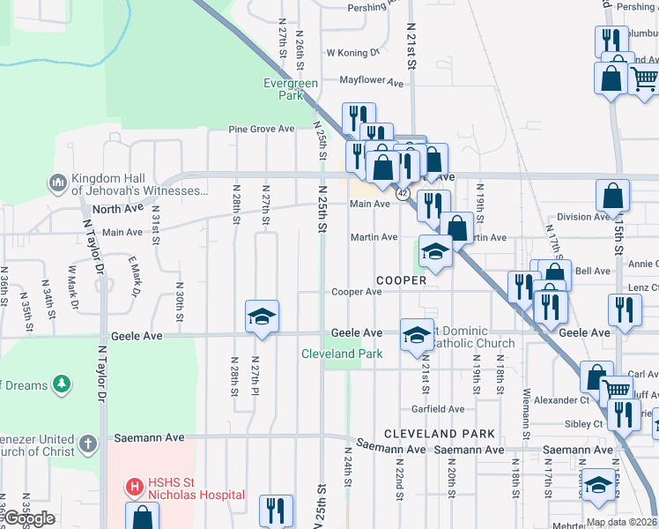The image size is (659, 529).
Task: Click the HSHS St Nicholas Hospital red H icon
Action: [134, 486]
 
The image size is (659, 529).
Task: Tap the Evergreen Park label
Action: [291, 88]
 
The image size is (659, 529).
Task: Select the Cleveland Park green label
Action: [342, 354]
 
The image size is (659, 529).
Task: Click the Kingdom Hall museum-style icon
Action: [58, 183]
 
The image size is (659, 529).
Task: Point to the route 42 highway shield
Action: [402, 192]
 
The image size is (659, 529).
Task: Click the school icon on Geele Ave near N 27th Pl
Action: [261, 317]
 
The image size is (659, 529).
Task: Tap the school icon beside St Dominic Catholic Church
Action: [417, 334]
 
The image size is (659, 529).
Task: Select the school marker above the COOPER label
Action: [435, 253]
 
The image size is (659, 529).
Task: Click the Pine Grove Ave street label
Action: [261, 129]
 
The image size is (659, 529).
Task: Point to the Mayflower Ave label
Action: [371, 82]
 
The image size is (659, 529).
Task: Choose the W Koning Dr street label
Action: [352, 52]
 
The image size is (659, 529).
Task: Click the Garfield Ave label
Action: [438, 409]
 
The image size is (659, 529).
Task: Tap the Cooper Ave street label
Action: [356, 292]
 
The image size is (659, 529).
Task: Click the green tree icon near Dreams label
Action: [61, 384]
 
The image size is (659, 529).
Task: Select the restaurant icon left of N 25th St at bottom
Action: [276, 510]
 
